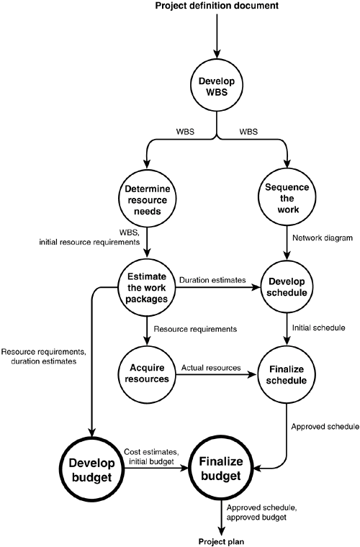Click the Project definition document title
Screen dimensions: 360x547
point(217,6)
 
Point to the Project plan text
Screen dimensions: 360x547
point(222,541)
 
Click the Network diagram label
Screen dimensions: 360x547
point(323,238)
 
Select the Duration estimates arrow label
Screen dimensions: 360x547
point(212,280)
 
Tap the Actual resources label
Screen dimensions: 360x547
point(211,368)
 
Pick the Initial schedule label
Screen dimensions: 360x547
point(319,328)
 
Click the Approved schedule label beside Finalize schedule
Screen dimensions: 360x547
point(325,426)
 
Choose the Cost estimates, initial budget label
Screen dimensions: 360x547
point(152,457)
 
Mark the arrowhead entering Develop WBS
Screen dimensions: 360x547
point(217,53)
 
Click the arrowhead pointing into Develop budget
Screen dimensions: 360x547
point(91,432)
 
